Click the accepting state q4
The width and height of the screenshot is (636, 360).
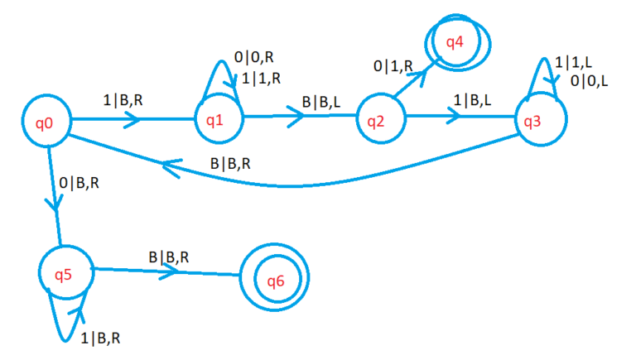coord(455,41)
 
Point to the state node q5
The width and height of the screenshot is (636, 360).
coord(65,271)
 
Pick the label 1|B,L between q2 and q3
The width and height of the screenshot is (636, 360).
coord(471,101)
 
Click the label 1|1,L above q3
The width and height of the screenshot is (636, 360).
coord(573,63)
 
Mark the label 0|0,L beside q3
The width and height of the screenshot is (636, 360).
coord(590,81)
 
